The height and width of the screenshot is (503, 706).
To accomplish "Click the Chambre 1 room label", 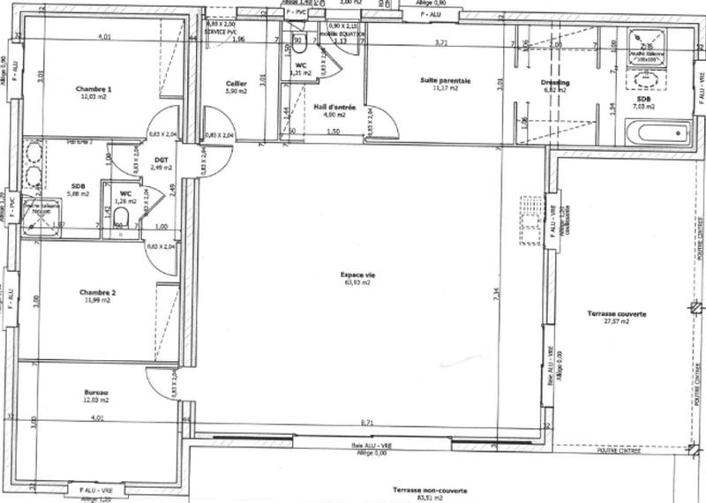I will pos(94,89).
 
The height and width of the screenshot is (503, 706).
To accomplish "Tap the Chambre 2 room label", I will pos(97,292).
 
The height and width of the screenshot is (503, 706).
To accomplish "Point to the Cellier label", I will pos(237,83).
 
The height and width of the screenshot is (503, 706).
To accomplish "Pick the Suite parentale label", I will pos(445,80).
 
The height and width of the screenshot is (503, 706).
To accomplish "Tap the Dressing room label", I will pos(556,82).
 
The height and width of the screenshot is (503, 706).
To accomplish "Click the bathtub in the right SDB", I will pos(656,134).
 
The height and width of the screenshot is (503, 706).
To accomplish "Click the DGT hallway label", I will pos(160,159).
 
